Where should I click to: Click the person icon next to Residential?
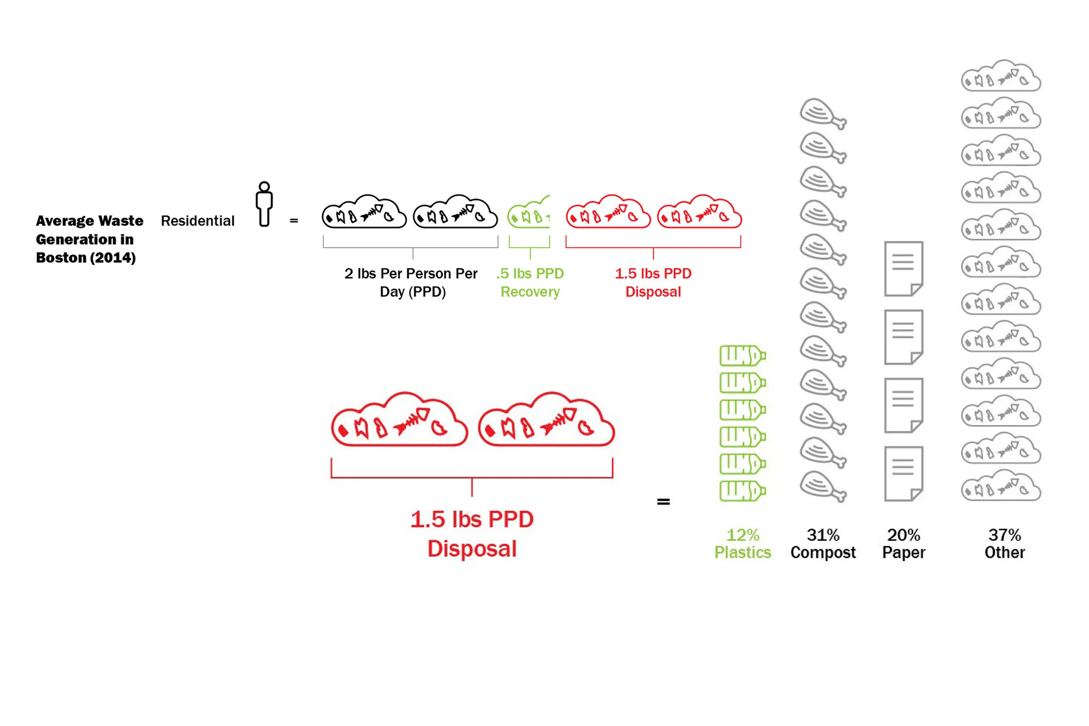tap(264, 204)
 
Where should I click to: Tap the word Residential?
tap(198, 221)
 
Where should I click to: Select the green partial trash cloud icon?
tap(529, 213)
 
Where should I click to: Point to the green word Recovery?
tap(530, 292)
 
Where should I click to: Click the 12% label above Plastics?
tap(743, 535)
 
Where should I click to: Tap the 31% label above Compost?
tap(823, 535)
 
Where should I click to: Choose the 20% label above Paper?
tap(903, 535)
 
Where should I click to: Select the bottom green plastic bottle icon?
tap(742, 491)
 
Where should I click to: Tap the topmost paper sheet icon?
tap(903, 269)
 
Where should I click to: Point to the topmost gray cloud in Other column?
tap(1001, 76)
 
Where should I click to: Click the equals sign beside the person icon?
tap(294, 221)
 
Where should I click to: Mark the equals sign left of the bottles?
tap(663, 501)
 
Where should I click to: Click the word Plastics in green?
tap(743, 552)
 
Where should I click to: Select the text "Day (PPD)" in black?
tap(413, 292)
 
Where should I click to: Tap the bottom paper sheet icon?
tap(903, 474)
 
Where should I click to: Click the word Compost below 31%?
tap(823, 552)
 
